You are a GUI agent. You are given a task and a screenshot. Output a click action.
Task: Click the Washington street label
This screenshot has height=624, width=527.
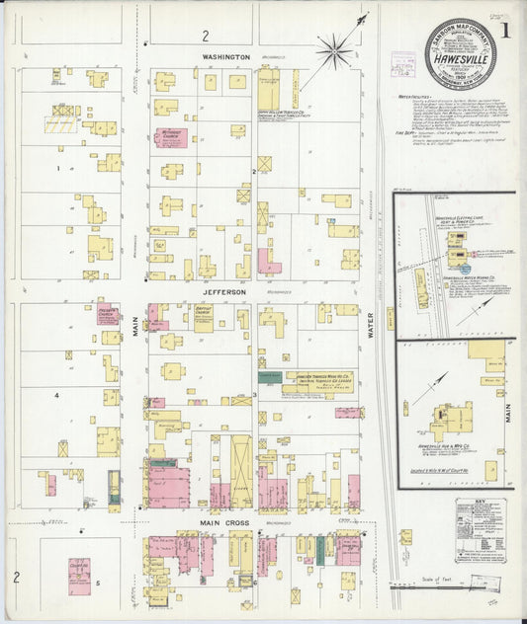click(x=225, y=57)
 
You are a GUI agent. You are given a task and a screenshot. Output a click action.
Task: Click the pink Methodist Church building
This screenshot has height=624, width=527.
click(x=170, y=137)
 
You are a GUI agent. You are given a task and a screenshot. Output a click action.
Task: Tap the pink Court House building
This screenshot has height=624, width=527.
click(x=79, y=576)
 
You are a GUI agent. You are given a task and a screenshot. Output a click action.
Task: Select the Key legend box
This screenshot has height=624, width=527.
click(x=480, y=530)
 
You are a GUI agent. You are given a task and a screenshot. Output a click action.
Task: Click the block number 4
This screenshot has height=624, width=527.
click(x=57, y=395)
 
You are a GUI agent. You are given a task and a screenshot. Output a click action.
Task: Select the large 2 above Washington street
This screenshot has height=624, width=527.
click(x=206, y=36)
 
